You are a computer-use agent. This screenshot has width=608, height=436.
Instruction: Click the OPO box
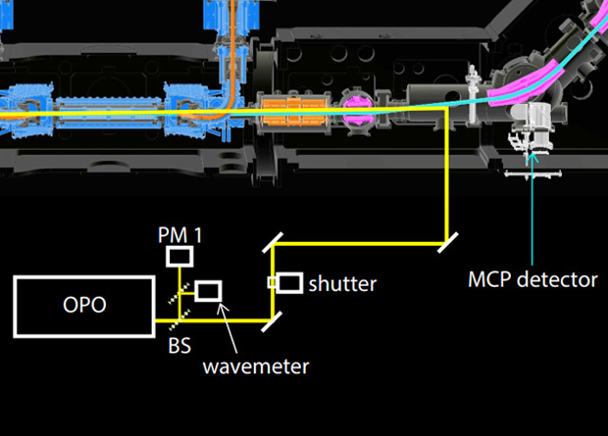pyautogui.click(x=83, y=305)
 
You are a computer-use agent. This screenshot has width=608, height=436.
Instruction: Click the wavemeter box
pyautogui.click(x=209, y=291)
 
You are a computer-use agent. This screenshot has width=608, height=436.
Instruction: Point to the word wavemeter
pyautogui.click(x=256, y=366)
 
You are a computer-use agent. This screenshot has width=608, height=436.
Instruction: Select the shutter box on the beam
pyautogui.click(x=289, y=283)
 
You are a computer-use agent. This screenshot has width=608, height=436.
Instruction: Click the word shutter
pyautogui.click(x=342, y=284)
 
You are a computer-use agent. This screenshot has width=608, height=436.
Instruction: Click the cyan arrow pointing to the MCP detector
pyautogui.click(x=532, y=206)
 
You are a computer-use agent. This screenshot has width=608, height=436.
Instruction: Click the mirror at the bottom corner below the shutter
pyautogui.click(x=274, y=315)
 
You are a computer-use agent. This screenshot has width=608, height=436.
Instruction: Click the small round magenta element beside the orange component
pyautogui.click(x=356, y=103)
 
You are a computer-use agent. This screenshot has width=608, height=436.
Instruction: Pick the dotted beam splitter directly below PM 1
pyautogui.click(x=177, y=291)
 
